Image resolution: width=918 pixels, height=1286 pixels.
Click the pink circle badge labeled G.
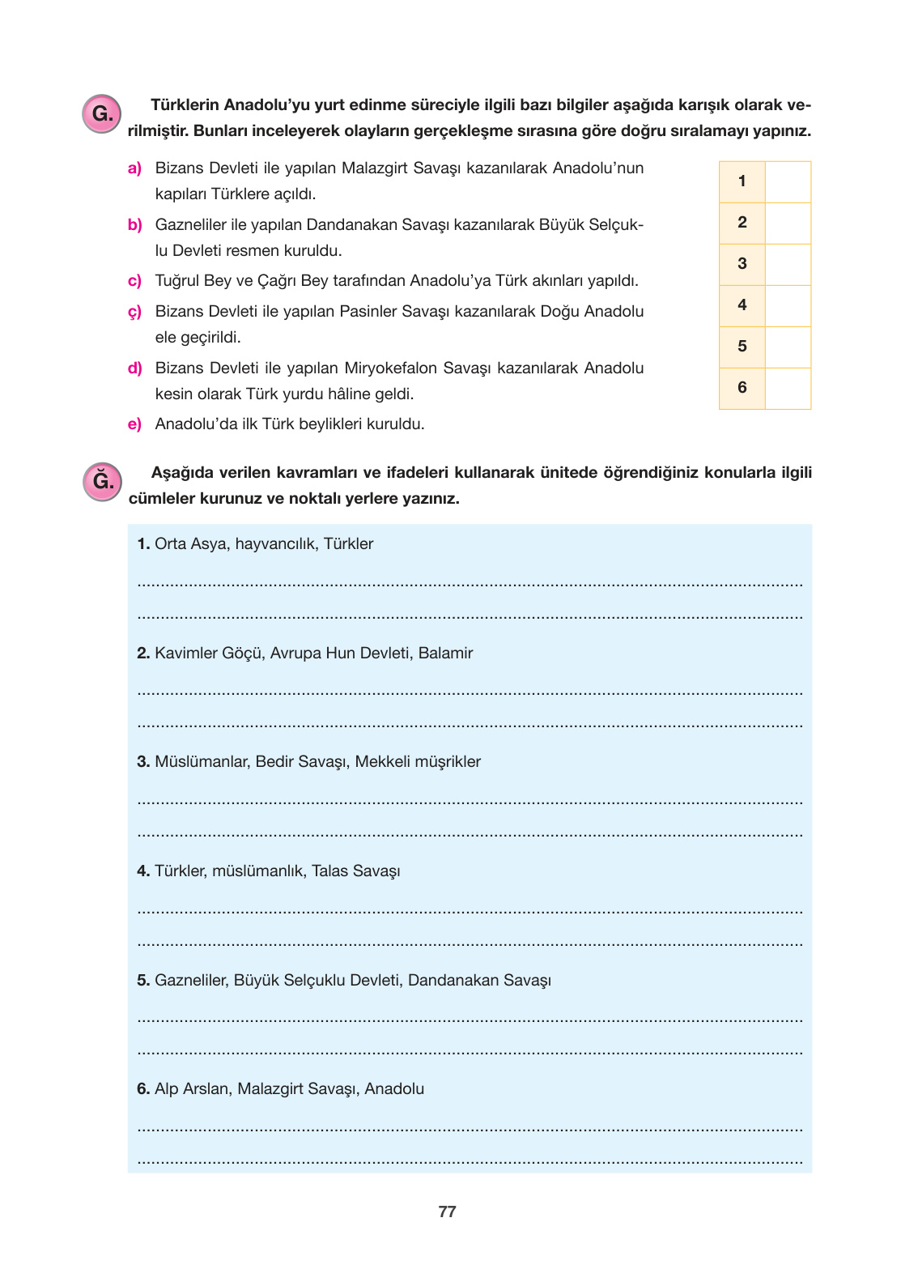[102, 113]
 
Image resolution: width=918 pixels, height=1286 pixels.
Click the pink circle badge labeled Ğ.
[102, 481]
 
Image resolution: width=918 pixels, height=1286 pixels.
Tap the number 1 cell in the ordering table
[742, 181]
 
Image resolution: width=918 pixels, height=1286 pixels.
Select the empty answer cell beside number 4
[788, 305]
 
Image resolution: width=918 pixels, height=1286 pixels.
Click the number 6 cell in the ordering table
[742, 388]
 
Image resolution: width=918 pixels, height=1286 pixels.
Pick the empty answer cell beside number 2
[788, 223]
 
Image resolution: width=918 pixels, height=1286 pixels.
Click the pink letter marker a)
[134, 168]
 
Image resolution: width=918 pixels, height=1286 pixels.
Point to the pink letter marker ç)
[134, 312]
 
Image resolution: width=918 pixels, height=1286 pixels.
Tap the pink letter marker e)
[134, 424]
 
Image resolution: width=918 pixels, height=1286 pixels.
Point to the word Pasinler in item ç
[368, 312]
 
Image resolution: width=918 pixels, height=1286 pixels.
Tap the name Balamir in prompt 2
[445, 654]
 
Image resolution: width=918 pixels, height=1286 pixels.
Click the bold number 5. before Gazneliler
[143, 981]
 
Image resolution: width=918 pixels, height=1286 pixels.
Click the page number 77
[447, 1212]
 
